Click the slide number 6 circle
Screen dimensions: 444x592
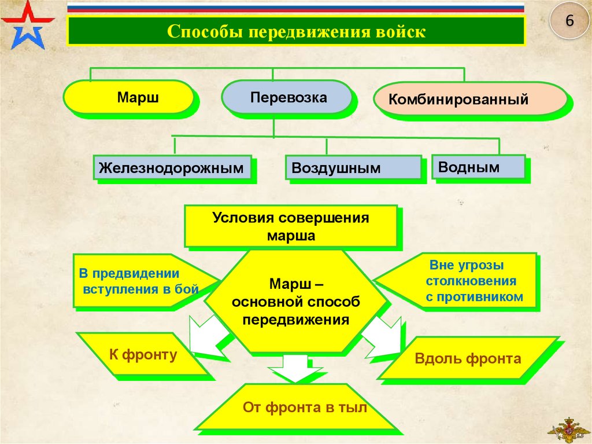pyautogui.click(x=569, y=21)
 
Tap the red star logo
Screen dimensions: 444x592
pyautogui.click(x=27, y=24)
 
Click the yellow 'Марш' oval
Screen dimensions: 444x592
pyautogui.click(x=128, y=97)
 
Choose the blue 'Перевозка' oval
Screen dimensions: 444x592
pyautogui.click(x=287, y=97)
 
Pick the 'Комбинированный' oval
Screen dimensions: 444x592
pyautogui.click(x=470, y=99)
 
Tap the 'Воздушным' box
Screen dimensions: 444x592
pyautogui.click(x=353, y=168)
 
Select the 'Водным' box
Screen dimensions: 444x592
pyautogui.click(x=478, y=167)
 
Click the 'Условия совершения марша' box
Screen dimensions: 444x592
pyautogui.click(x=291, y=226)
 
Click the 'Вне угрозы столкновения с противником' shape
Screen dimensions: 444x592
pyautogui.click(x=462, y=281)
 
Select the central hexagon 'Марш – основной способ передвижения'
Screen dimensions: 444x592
pyautogui.click(x=296, y=301)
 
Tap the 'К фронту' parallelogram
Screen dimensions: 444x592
pyautogui.click(x=142, y=354)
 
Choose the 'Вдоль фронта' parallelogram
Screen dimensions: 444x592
pyautogui.click(x=468, y=358)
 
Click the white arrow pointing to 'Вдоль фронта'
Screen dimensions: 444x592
pyautogui.click(x=382, y=338)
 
